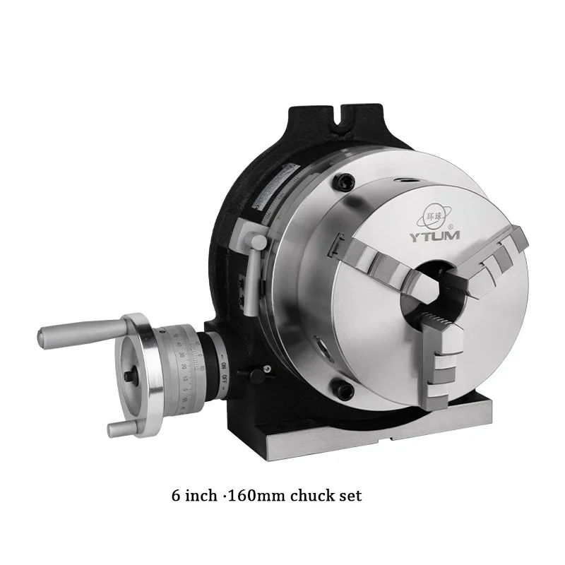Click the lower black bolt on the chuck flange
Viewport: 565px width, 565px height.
coord(345,388)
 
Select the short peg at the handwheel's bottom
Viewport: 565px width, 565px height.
coord(120,427)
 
